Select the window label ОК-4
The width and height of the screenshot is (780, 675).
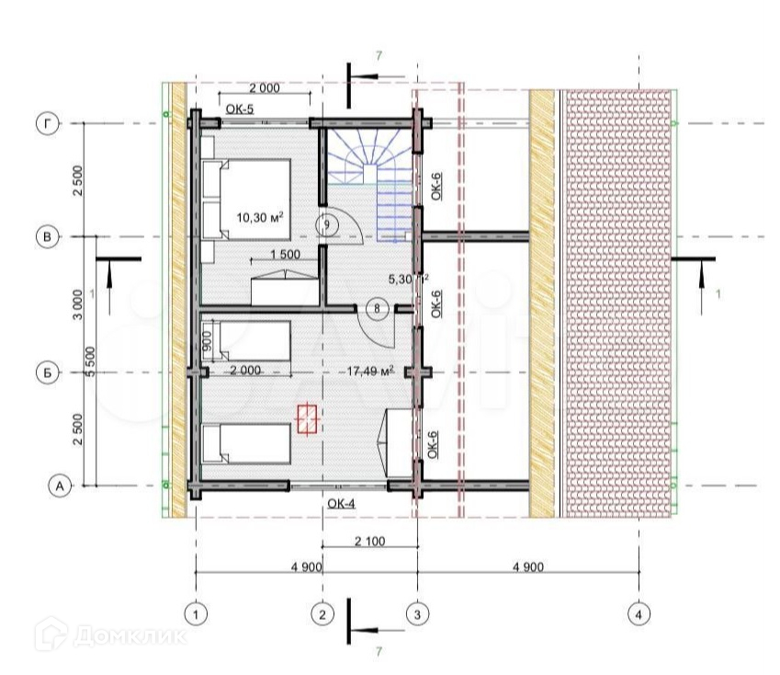[341, 503]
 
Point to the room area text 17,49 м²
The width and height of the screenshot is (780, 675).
[370, 371]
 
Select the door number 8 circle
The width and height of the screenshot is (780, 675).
[376, 309]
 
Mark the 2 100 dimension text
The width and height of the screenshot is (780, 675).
[369, 542]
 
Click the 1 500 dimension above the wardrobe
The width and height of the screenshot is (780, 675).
[286, 255]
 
